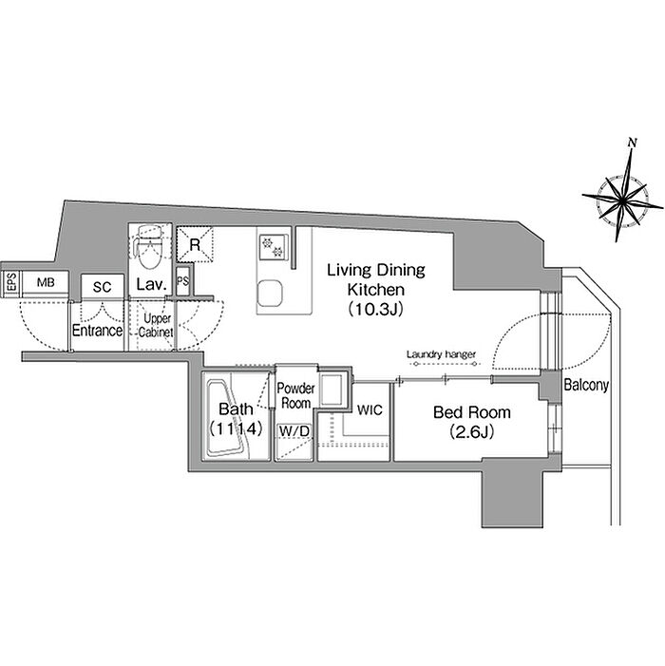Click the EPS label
pos(11,282)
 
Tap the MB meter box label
pos(46,282)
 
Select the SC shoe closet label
pos(102,287)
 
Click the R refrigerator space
pos(195,245)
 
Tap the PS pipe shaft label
pos(182,281)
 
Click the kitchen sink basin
pos(270,293)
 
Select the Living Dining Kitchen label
pos(376,280)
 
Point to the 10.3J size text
pos(375,310)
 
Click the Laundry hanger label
pos(441,353)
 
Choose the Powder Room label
pos(295,395)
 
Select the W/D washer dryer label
pos(294,431)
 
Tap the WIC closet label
pos(370,409)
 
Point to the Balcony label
pos(586,385)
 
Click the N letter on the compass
pos(633,143)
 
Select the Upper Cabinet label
pos(157,325)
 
